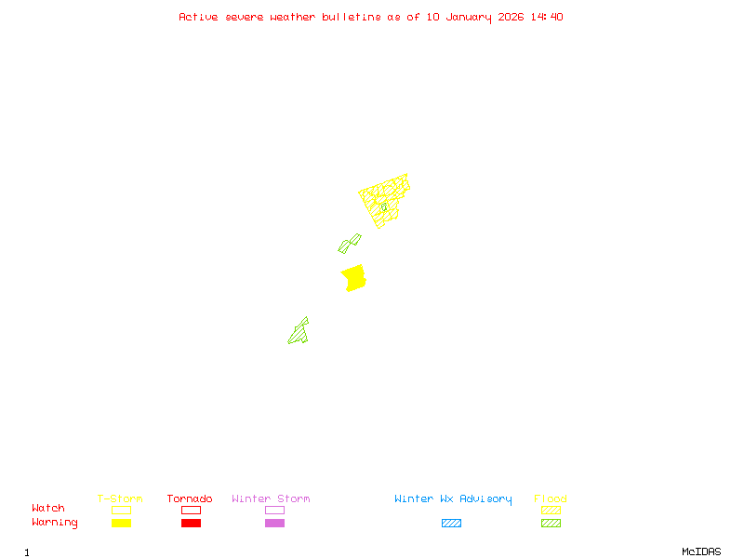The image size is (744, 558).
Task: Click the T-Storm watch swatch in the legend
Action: [121, 510]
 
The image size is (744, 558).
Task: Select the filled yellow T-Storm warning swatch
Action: [121, 524]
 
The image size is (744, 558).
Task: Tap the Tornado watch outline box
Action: [191, 510]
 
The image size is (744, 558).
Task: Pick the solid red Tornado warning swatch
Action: [191, 524]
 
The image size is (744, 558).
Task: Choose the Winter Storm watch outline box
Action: [274, 510]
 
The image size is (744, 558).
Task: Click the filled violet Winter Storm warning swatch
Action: [274, 524]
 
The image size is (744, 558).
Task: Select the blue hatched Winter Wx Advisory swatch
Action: [451, 524]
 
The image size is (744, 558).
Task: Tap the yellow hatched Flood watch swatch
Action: [551, 510]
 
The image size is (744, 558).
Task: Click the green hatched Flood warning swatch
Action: [551, 524]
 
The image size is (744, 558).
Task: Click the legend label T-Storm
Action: [120, 499]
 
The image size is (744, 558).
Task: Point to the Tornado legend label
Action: [190, 499]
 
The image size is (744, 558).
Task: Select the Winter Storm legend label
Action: [271, 499]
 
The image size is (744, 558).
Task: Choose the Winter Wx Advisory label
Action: [453, 499]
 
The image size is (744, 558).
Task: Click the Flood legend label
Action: [551, 499]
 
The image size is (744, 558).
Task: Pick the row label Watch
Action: [48, 509]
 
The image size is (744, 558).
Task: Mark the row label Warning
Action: [55, 523]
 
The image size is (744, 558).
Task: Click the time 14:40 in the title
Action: [546, 17]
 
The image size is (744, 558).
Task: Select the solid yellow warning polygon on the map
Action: [353, 277]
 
